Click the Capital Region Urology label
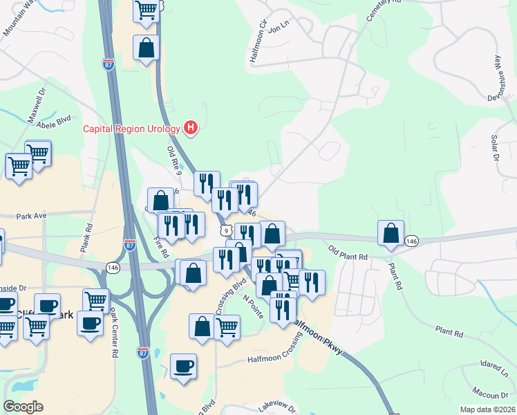click(x=132, y=128)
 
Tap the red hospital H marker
click(x=191, y=128)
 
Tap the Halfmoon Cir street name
click(x=258, y=46)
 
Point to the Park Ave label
click(x=31, y=216)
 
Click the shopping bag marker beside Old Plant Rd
click(x=391, y=233)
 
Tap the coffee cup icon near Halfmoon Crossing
click(x=183, y=367)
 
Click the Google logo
click(x=23, y=407)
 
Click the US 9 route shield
click(x=226, y=228)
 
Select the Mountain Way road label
click(x=19, y=21)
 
